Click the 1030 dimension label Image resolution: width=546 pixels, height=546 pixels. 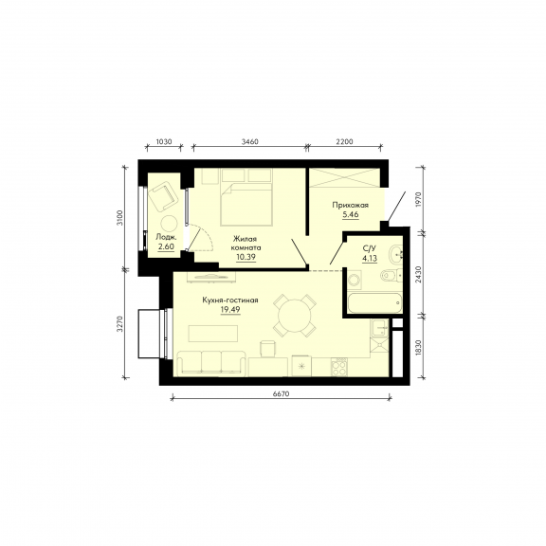[x=164, y=142]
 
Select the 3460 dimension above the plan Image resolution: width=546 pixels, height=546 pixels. [x=249, y=142]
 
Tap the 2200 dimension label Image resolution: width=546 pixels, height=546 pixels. [x=344, y=142]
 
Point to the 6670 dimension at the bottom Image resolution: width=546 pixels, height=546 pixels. [x=281, y=393]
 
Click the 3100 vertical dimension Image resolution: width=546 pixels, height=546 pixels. [x=120, y=218]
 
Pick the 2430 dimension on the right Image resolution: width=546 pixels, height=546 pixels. [x=419, y=274]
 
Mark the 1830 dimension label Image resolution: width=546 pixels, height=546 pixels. [x=419, y=348]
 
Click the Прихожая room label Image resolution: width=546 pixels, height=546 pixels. [x=351, y=205]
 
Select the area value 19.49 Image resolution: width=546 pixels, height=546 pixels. [x=230, y=309]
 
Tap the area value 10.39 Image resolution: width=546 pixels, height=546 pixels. [x=246, y=257]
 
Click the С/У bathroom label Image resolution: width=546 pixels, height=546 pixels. [x=370, y=248]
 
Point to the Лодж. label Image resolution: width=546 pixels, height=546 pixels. [x=166, y=238]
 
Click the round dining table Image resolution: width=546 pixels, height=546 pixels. [x=295, y=316]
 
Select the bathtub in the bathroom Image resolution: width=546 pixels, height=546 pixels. [x=374, y=303]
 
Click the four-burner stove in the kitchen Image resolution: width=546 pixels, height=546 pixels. [x=338, y=367]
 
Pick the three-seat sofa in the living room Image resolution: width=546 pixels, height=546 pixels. [x=211, y=364]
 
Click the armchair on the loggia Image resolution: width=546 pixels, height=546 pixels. [x=163, y=196]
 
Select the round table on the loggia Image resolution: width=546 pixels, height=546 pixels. [x=170, y=224]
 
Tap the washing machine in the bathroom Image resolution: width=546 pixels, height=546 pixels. [x=355, y=280]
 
